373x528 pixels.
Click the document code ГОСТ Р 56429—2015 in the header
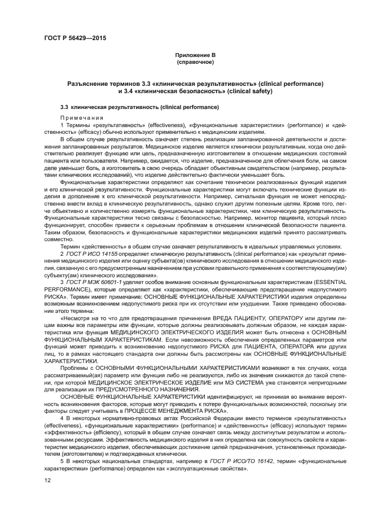pos(74,38)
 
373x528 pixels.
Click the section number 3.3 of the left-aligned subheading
pos(64,107)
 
